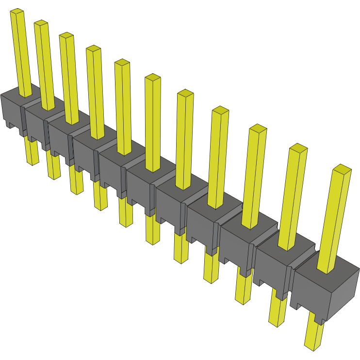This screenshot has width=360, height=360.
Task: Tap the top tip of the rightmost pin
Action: [x=342, y=169]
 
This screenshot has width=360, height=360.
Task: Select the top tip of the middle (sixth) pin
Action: [x=153, y=77]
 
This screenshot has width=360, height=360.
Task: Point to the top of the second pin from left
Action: [x=41, y=23]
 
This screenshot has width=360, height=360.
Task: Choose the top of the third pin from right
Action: [x=258, y=128]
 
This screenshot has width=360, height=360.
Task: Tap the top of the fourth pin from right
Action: [x=220, y=110]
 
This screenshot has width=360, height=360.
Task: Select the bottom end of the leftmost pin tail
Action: [x=32, y=162]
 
